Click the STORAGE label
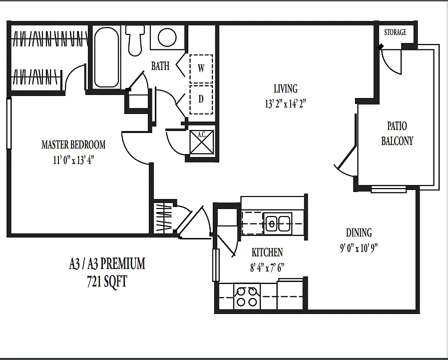[395, 32]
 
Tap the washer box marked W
[201, 68]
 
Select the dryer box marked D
[201, 99]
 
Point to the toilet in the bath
[135, 40]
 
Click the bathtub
[106, 56]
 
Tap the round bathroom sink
[167, 37]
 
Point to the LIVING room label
[285, 88]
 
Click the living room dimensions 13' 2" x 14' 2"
[285, 103]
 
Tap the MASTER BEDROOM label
[73, 144]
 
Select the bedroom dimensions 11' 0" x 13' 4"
[74, 160]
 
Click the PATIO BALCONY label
[397, 133]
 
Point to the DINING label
[359, 233]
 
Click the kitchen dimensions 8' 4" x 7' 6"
[267, 268]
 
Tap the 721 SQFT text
[107, 282]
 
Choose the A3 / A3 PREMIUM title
[107, 263]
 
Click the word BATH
[160, 66]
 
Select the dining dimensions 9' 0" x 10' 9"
[359, 248]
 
